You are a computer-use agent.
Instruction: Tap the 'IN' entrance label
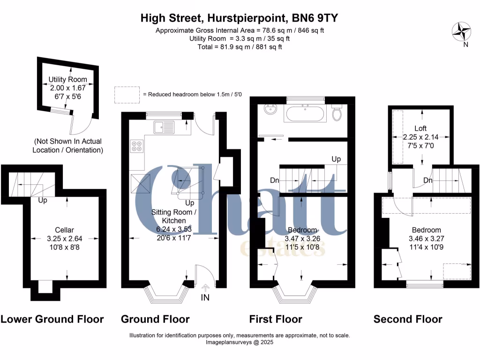[205, 297]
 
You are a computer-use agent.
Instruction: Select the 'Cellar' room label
[64, 230]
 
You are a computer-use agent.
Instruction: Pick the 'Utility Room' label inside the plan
[67, 80]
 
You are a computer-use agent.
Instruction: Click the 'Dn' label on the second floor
[428, 180]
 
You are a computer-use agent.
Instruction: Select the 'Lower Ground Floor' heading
[52, 319]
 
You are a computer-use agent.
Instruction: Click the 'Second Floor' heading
[408, 319]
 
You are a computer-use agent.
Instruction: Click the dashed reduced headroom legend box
[127, 94]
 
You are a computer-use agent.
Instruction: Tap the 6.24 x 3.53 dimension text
[167, 229]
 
